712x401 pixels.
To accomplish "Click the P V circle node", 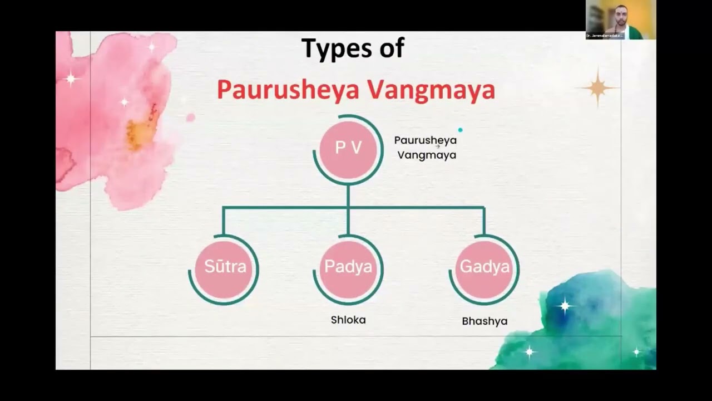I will [x=348, y=148].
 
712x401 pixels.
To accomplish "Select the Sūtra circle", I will [x=225, y=268].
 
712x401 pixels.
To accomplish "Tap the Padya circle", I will [x=348, y=268].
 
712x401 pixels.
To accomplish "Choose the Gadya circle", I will [x=484, y=268].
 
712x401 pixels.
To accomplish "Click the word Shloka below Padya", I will [x=348, y=320].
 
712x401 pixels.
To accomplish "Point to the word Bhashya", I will [x=484, y=321].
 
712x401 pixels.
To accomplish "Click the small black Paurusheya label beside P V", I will [x=425, y=140].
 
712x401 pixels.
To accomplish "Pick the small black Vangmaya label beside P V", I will [x=427, y=155].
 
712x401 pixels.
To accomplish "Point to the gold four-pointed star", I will [x=598, y=87].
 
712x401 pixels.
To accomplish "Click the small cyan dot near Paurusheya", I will [x=460, y=130].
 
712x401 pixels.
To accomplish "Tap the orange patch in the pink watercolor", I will [x=137, y=131].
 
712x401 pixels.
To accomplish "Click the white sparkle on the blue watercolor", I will [x=565, y=305].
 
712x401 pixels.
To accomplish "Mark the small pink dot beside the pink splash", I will [x=191, y=118].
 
